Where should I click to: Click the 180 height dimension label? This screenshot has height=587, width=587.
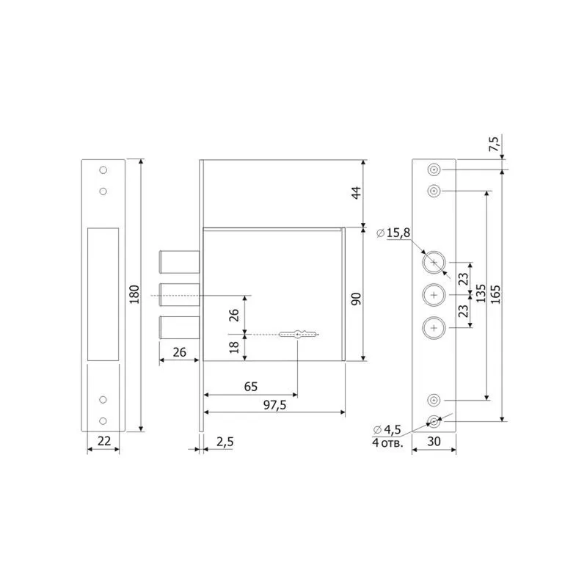point(134,294)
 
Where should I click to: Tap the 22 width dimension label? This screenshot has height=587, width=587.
point(103,441)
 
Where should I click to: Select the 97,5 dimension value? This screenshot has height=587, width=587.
point(274,405)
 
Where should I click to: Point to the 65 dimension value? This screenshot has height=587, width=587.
point(251,387)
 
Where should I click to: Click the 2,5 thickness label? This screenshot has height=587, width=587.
point(225,442)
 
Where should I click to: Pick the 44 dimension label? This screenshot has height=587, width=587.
point(357,192)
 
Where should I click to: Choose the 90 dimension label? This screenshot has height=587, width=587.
point(357,299)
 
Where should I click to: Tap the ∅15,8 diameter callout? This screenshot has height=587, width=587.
point(393,233)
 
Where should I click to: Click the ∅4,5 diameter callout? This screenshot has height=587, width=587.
point(387,429)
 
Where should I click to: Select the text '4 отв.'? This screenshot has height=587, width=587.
point(387,443)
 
